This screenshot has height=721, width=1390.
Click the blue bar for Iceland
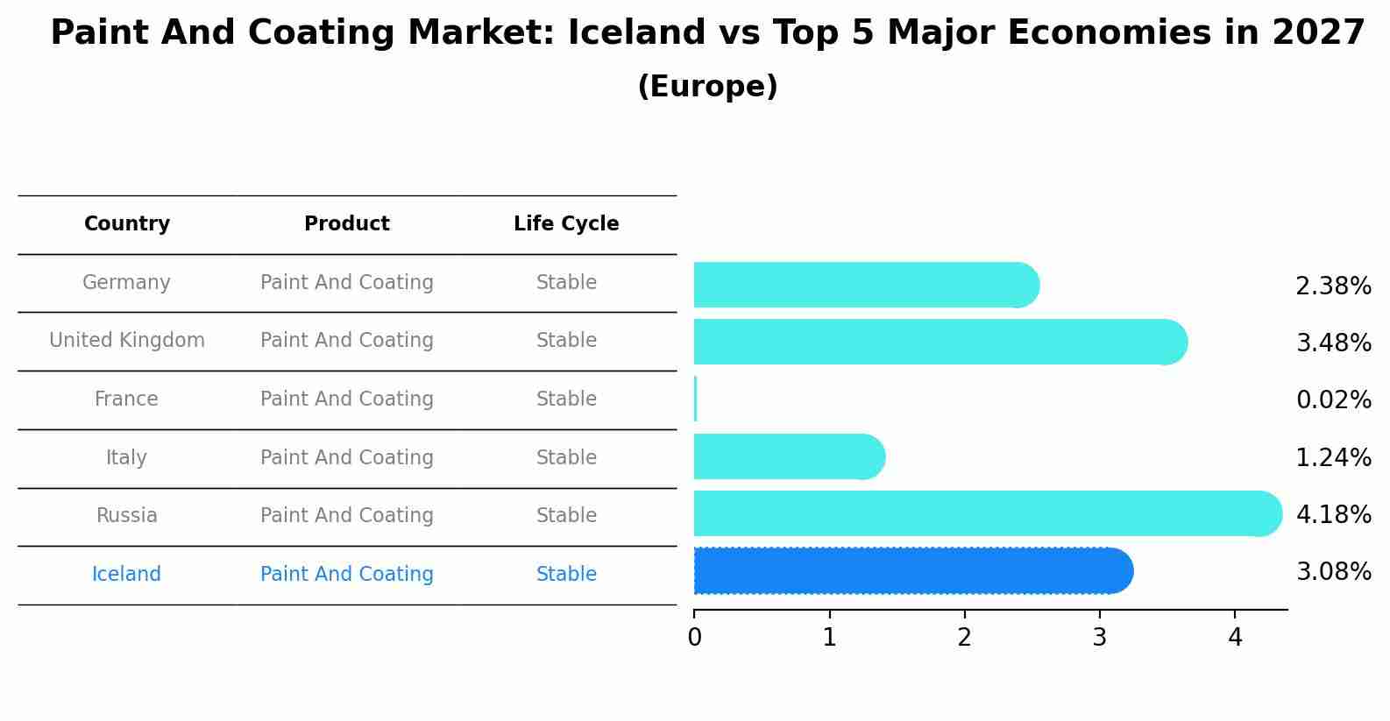(x=911, y=571)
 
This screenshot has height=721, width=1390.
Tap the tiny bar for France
(x=695, y=399)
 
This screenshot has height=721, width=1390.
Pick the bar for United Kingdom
(x=938, y=342)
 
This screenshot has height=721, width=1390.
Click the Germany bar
(x=863, y=285)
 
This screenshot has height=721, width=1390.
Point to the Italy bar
(x=787, y=456)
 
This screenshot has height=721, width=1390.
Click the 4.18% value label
(x=1333, y=514)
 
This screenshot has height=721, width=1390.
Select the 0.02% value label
(x=1333, y=400)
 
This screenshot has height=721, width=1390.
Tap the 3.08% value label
(x=1333, y=572)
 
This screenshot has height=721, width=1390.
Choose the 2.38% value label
(x=1333, y=286)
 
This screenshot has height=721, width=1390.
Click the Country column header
(x=127, y=224)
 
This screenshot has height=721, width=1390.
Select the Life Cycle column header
(x=566, y=224)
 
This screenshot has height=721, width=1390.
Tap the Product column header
(x=347, y=224)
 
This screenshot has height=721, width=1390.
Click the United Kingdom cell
(x=127, y=341)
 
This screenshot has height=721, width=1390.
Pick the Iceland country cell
(x=127, y=575)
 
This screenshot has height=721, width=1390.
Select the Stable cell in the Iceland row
(x=566, y=575)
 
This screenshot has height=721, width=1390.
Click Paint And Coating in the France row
(x=347, y=399)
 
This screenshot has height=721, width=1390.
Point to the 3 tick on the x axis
(x=1100, y=638)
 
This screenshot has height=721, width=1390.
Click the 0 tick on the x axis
(x=695, y=638)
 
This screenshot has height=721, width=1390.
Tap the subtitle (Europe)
(x=707, y=87)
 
